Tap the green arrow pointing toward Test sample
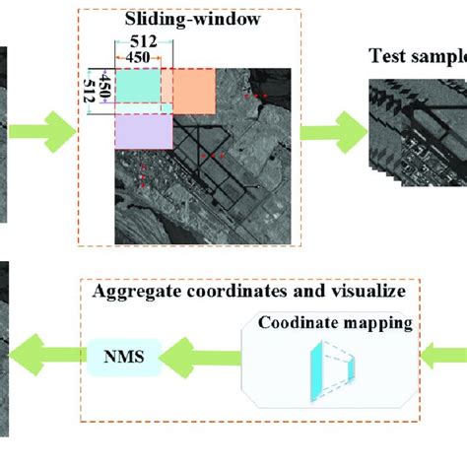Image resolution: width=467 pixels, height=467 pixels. click(x=330, y=126)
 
